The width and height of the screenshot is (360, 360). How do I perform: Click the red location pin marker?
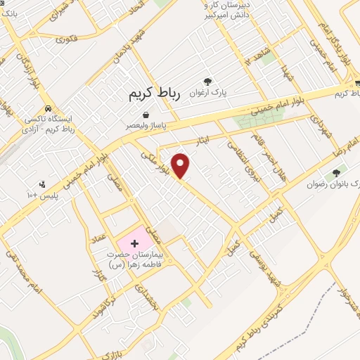(181, 165)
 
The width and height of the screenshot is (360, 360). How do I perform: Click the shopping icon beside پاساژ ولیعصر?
(145, 114)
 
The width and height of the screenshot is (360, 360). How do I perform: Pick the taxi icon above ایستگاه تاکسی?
(47, 109)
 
